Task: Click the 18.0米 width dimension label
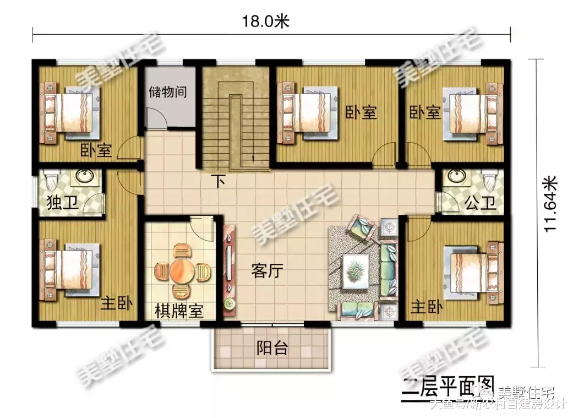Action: [x=266, y=21]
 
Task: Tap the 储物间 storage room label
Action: [x=167, y=91]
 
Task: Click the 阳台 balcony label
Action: [x=272, y=349]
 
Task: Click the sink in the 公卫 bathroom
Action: [x=456, y=176]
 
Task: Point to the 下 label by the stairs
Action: [x=220, y=181]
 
